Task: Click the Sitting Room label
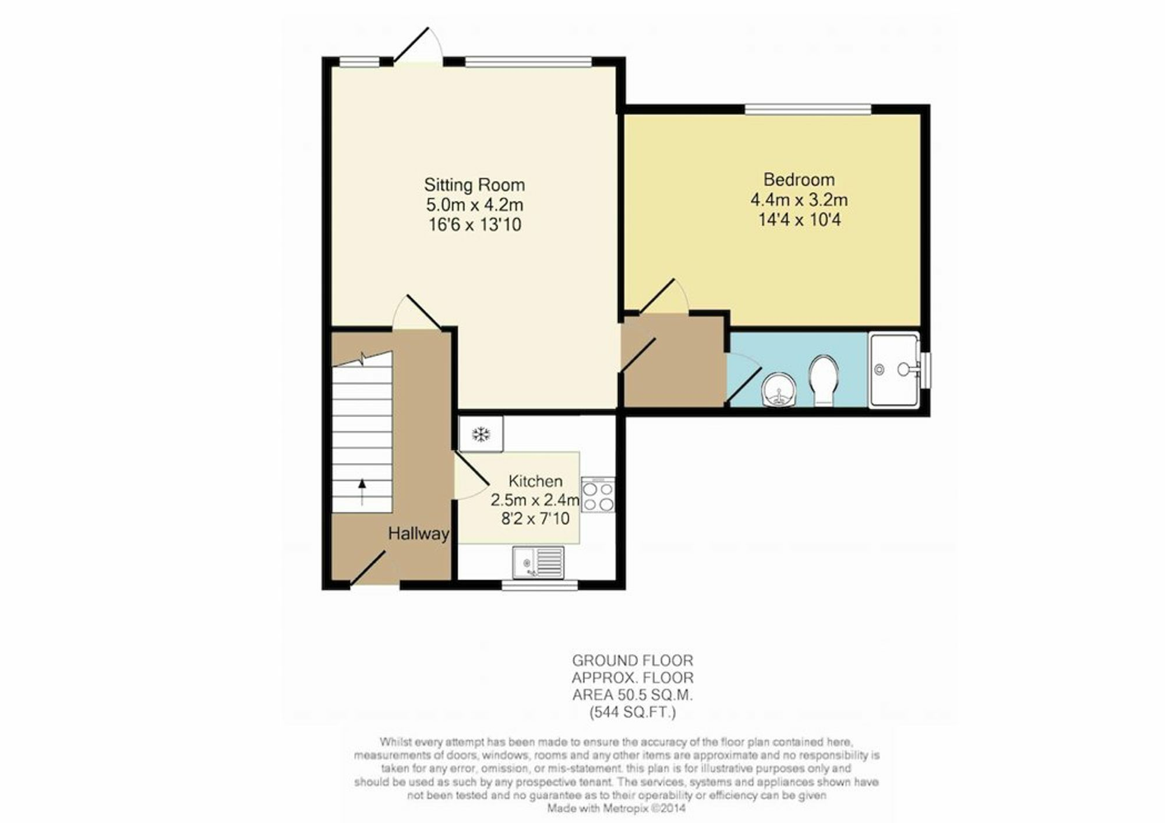coord(474,185)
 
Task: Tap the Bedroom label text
coord(799,179)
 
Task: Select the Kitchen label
coord(535,481)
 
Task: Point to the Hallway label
coord(418,534)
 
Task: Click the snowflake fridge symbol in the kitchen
coord(481,433)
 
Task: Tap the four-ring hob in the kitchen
coord(598,495)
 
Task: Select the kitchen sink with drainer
coord(538,563)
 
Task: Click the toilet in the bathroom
coord(823,380)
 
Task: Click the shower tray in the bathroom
coord(895,370)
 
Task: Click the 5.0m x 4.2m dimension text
coord(474,205)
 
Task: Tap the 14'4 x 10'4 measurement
coord(799,220)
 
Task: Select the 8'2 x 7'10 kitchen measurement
coord(535,518)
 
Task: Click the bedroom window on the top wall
coord(808,109)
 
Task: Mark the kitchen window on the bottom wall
coord(540,585)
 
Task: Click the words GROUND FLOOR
coord(633,660)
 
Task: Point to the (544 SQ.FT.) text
coord(633,712)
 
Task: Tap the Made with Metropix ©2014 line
coord(616,808)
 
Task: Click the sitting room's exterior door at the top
coord(417,45)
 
